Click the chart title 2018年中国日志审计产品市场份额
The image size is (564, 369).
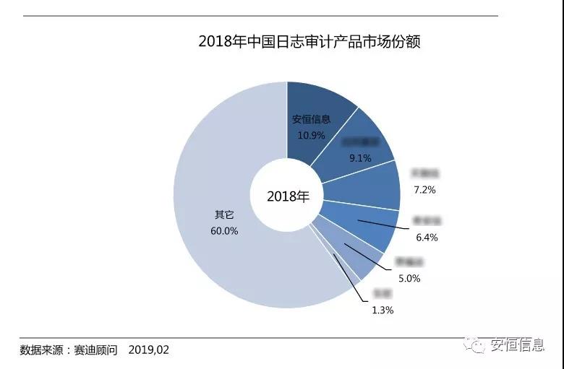click(x=309, y=41)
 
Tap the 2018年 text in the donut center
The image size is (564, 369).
click(x=287, y=196)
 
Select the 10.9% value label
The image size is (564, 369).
click(x=311, y=135)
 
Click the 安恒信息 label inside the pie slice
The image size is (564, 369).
click(x=311, y=120)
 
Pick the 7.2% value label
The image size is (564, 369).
click(x=424, y=189)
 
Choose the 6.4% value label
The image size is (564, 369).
click(x=426, y=237)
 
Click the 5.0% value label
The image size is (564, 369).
click(x=409, y=278)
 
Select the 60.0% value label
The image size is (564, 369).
click(x=225, y=231)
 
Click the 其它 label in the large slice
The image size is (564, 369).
click(x=224, y=215)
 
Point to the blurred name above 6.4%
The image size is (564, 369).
click(x=427, y=221)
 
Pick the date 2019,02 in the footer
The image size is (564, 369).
click(x=148, y=350)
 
